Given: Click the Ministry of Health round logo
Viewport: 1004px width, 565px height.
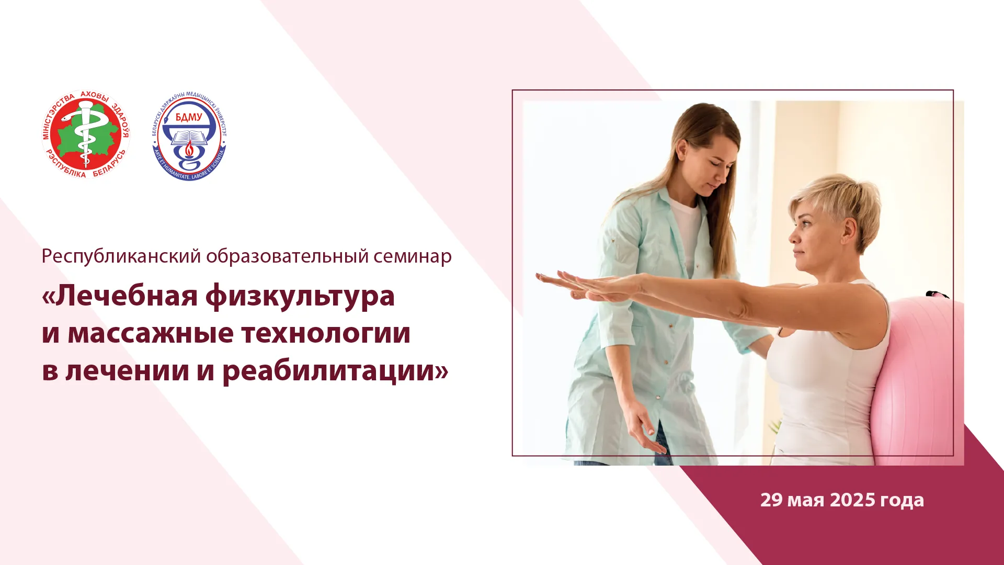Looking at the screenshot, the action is (x=86, y=134).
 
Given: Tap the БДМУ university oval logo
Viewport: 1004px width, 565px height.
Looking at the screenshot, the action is (x=189, y=136).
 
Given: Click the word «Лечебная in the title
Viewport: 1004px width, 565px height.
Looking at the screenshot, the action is (x=120, y=296).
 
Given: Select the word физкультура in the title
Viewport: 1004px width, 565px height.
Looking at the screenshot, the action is (x=300, y=297).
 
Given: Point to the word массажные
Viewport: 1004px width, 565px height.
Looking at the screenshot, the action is (x=150, y=334).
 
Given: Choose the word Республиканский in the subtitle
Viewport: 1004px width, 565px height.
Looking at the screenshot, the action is (x=121, y=257).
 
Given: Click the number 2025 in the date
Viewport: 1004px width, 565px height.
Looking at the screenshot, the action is (x=852, y=500).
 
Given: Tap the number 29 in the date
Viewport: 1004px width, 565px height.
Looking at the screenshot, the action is (x=771, y=500).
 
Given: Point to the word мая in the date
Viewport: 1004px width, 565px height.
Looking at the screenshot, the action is (x=806, y=501).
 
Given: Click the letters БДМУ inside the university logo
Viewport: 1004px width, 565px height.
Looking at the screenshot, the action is (x=189, y=117).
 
